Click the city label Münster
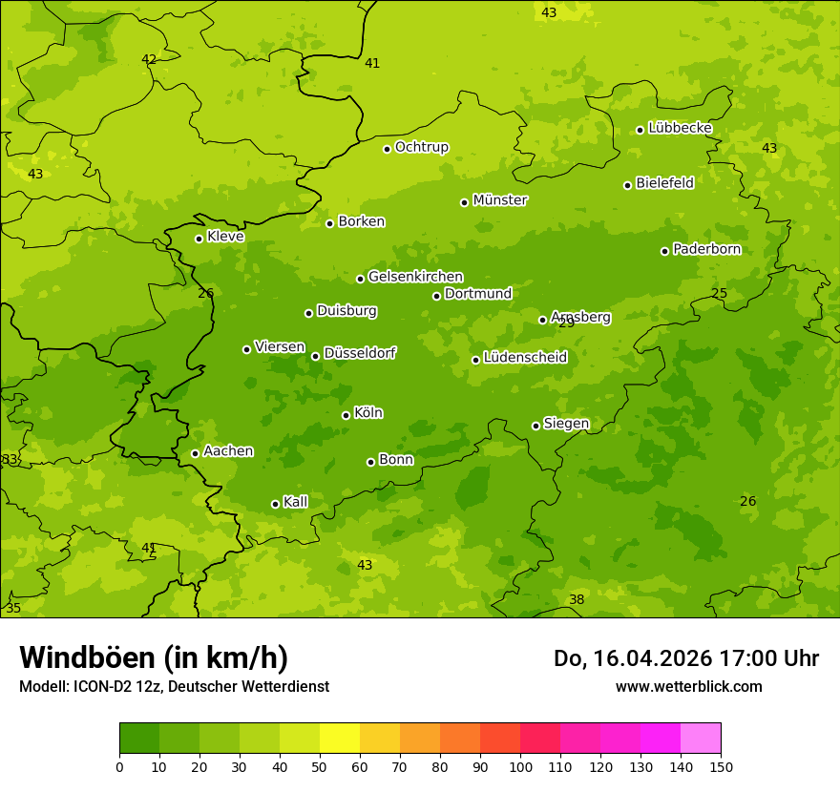(x=500, y=200)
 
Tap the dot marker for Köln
(x=346, y=415)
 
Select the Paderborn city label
(x=706, y=249)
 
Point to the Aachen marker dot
(x=195, y=453)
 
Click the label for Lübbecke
(x=680, y=128)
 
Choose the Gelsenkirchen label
(x=415, y=277)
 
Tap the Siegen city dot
(x=535, y=426)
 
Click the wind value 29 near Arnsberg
(x=567, y=323)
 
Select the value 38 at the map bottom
(x=577, y=599)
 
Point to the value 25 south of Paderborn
(x=719, y=294)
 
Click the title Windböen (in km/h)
(x=154, y=657)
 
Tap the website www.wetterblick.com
(x=688, y=686)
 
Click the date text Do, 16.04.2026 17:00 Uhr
(x=686, y=658)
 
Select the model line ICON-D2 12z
(x=174, y=686)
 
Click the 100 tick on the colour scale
(x=520, y=766)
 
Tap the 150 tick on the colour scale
(x=721, y=766)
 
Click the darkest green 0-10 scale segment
(x=139, y=739)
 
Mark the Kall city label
(x=296, y=502)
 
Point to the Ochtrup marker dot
(x=387, y=149)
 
